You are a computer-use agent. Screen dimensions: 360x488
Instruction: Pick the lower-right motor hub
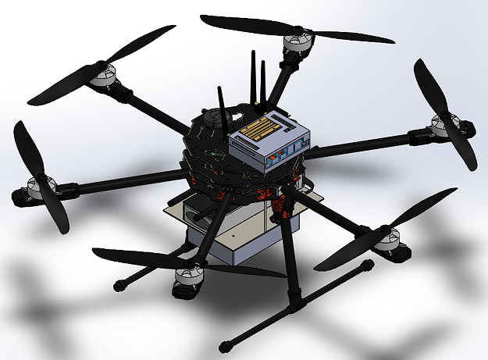[386, 237]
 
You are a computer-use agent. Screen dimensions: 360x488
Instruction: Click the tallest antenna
[253, 78]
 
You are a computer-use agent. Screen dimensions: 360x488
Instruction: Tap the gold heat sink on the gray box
[261, 128]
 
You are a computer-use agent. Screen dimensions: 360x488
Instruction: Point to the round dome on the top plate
[211, 121]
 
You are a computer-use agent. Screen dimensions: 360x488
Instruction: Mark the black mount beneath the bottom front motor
[186, 291]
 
